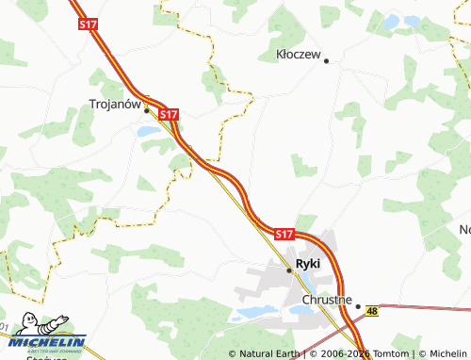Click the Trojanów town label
115,106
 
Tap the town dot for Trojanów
147,109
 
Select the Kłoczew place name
300,56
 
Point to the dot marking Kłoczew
326,61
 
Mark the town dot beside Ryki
289,270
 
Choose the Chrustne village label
327,300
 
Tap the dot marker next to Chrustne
358,305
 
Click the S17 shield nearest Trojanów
169,113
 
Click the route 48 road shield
373,310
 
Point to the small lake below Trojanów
148,132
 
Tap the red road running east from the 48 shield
424,307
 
